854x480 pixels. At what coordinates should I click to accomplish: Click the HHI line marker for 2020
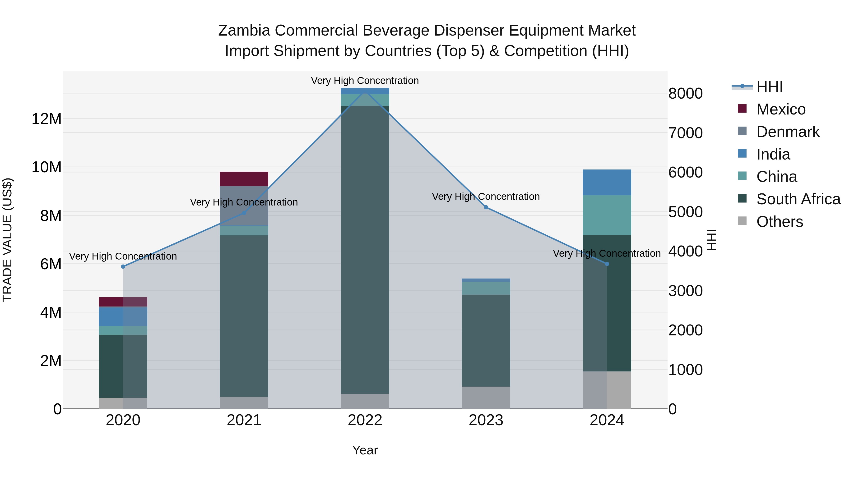[x=123, y=267]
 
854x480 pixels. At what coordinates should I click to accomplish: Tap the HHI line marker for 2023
[x=486, y=207]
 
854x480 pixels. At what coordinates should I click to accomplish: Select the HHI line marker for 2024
[x=607, y=264]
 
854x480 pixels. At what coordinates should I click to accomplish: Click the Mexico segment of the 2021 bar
[x=244, y=179]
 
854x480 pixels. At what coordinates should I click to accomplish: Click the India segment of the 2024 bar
[x=607, y=183]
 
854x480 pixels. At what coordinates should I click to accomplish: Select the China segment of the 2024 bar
[x=607, y=215]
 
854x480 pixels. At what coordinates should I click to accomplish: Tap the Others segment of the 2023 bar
[x=486, y=398]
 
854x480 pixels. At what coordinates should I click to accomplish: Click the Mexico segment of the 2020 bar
[x=123, y=302]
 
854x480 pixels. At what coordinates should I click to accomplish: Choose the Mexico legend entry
[x=781, y=109]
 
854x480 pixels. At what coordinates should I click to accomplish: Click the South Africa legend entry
[x=798, y=199]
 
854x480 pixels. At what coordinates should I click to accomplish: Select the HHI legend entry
[x=769, y=87]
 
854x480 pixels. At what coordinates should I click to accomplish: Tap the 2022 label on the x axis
[x=365, y=420]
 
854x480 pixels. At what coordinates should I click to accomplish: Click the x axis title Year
[x=365, y=450]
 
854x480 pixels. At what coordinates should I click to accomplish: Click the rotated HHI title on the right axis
[x=711, y=240]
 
